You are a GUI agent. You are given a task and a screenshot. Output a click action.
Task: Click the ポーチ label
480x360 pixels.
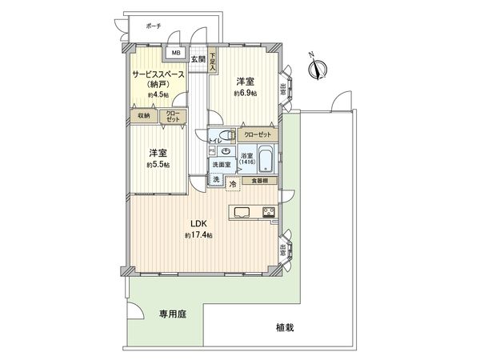click(x=154, y=26)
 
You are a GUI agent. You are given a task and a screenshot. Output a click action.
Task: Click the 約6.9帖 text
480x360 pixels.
click(x=245, y=93)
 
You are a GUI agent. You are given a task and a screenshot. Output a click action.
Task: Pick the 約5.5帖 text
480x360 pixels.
click(x=157, y=164)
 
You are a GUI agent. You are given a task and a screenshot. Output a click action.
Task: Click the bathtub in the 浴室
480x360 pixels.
click(x=266, y=158)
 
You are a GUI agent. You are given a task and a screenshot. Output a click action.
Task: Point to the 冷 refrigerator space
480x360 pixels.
click(x=233, y=184)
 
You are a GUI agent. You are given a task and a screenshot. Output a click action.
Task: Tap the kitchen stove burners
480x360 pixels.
click(x=267, y=212)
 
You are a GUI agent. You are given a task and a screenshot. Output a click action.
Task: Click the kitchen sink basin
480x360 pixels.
click(x=243, y=212)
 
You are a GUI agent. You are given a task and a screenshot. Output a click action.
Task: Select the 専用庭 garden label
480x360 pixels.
click(x=170, y=315)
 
